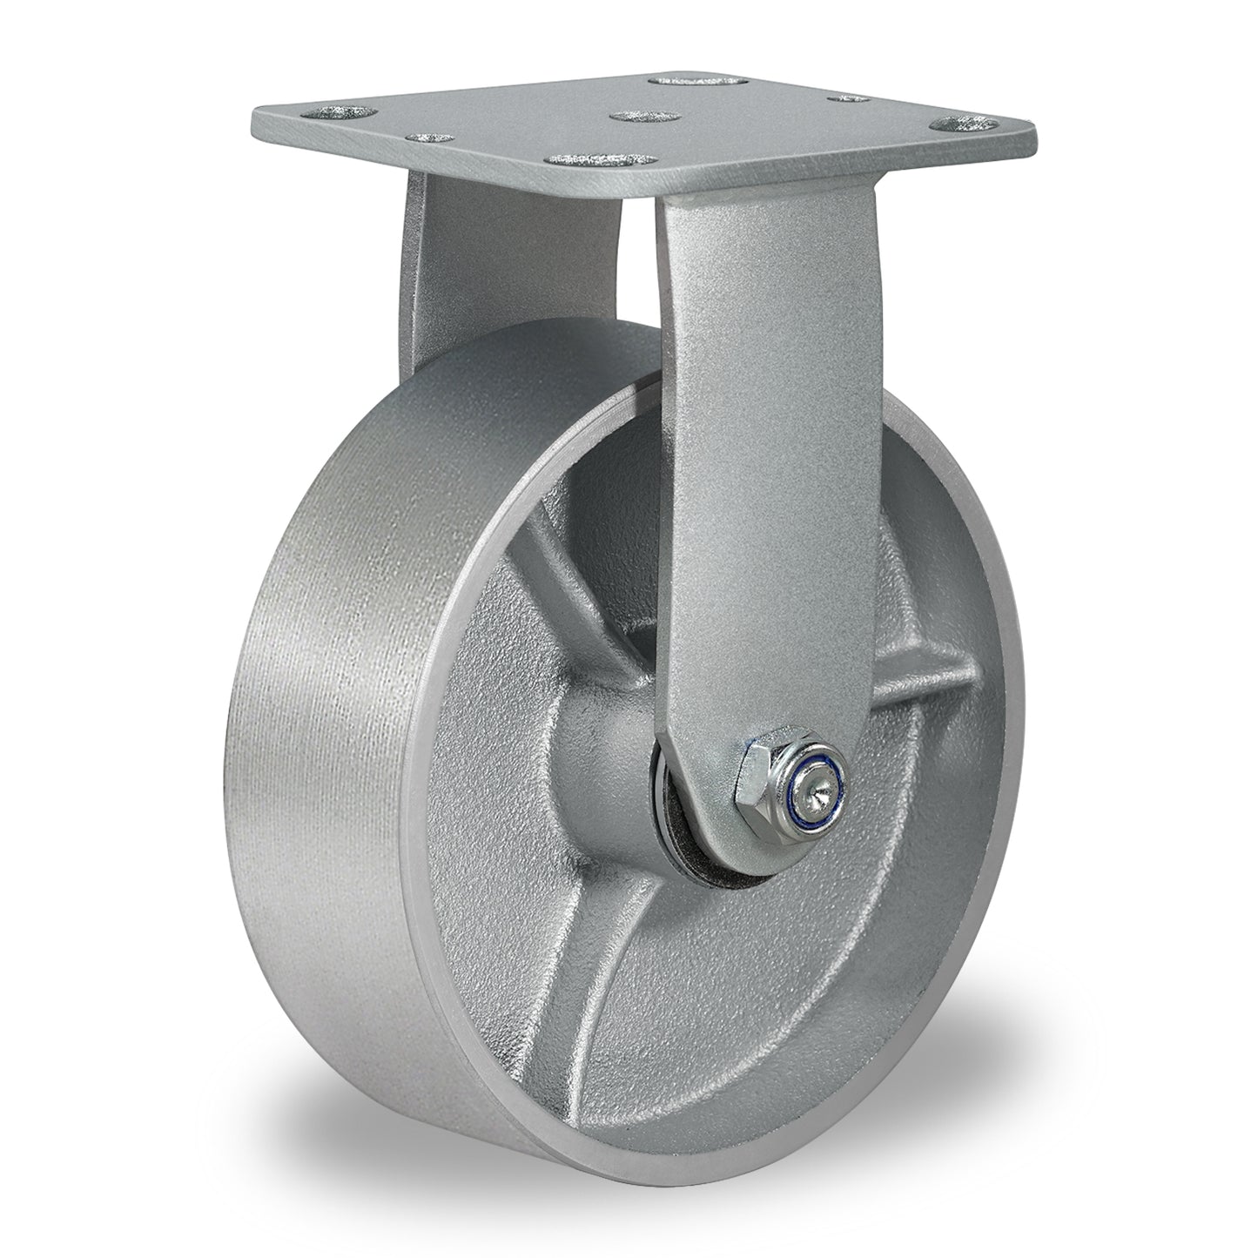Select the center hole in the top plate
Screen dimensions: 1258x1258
[x=633, y=117]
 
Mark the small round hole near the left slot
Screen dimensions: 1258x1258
[x=429, y=138]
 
